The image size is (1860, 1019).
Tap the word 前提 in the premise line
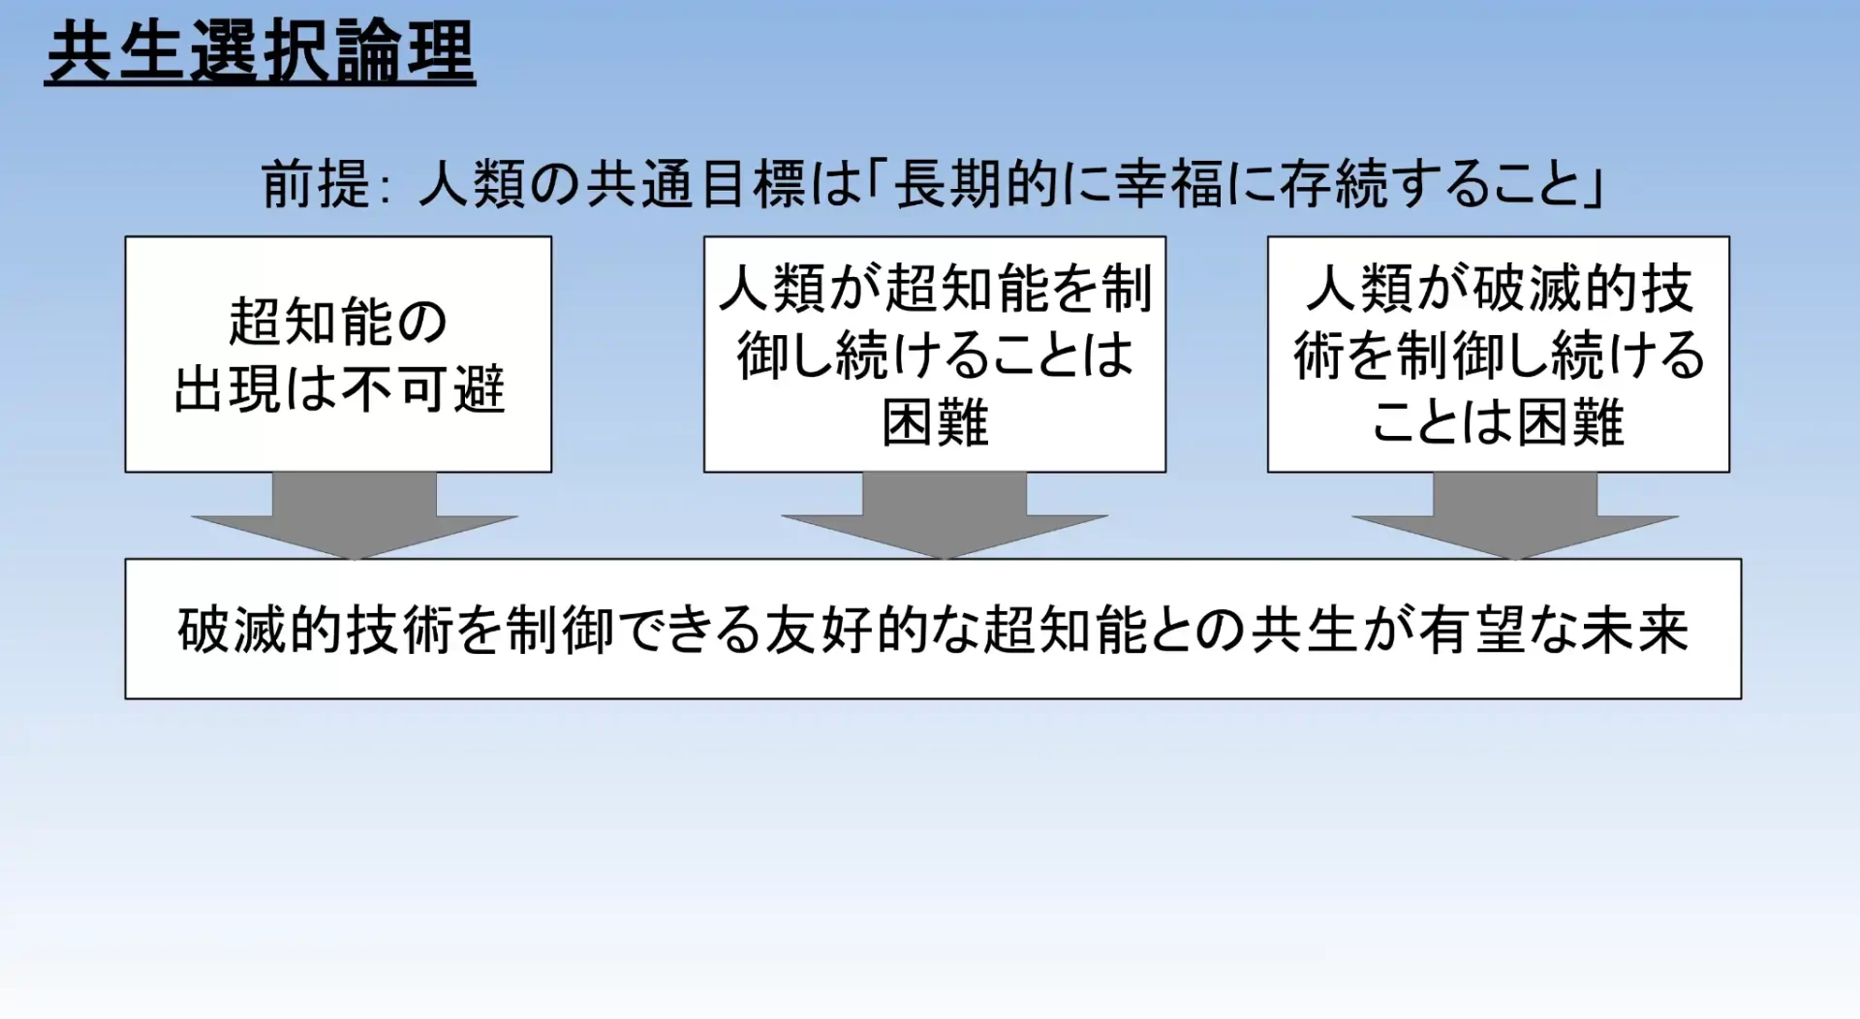click(316, 183)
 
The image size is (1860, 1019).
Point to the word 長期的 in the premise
click(977, 183)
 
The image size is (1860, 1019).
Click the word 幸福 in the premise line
click(1170, 183)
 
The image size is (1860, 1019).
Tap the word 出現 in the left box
click(229, 388)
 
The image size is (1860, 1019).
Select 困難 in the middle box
click(935, 422)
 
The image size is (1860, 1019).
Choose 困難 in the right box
click(1570, 422)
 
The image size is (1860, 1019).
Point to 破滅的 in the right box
click(1555, 288)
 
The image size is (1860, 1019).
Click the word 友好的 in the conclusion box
click(847, 630)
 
